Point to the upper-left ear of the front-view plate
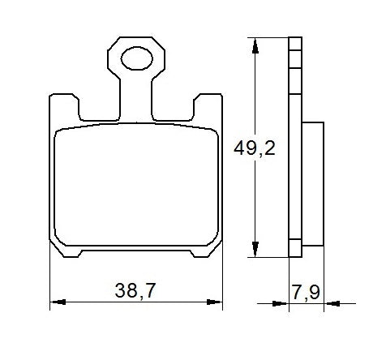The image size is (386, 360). pos(62,105)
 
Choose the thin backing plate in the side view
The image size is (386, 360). pos(295,146)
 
